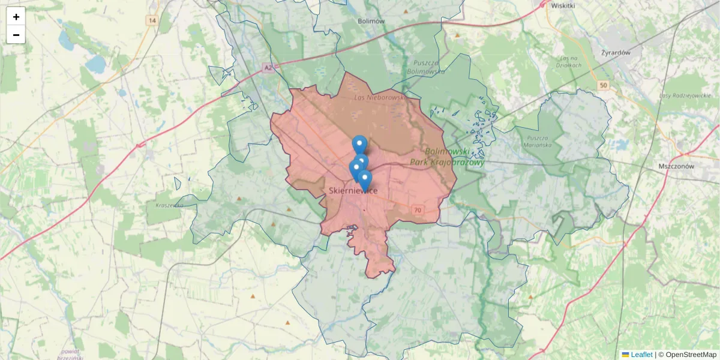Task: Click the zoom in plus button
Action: (x=16, y=17)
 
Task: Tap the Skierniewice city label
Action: (x=353, y=191)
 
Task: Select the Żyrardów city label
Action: (x=616, y=52)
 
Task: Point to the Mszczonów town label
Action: (x=676, y=166)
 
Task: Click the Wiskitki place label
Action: (x=562, y=5)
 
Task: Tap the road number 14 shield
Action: (x=152, y=20)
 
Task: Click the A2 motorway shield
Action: (x=268, y=69)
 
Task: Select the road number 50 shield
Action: (x=603, y=86)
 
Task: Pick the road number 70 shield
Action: (x=418, y=209)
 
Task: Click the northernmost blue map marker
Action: (x=359, y=144)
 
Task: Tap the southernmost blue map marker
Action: (x=364, y=179)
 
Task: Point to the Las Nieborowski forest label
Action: (x=380, y=97)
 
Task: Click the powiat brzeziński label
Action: (x=72, y=355)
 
